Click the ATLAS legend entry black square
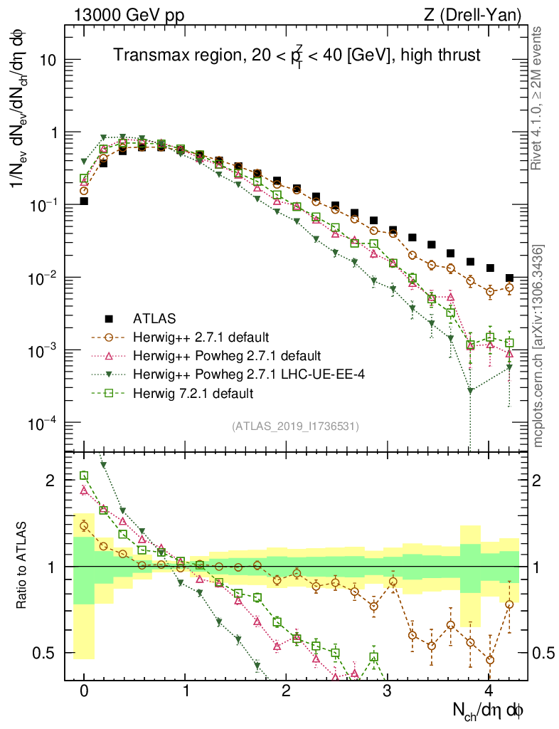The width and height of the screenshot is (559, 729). click(109, 318)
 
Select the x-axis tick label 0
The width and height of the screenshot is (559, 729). click(84, 691)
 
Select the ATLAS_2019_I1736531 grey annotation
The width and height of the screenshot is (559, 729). click(295, 426)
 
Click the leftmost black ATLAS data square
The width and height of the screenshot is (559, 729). click(84, 201)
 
